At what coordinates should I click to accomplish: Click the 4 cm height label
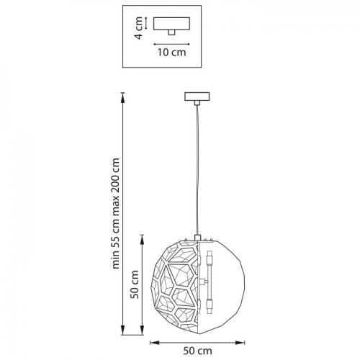[138, 28]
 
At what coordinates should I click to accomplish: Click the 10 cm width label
[171, 53]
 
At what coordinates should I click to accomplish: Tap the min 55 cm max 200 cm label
[116, 213]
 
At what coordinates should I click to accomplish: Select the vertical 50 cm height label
[135, 284]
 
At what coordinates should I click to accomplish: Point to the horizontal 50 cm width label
[197, 351]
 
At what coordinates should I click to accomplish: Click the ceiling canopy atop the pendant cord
[197, 96]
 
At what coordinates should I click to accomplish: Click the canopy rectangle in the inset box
[171, 24]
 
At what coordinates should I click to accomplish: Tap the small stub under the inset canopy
[171, 32]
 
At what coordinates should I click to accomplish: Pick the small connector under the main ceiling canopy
[197, 103]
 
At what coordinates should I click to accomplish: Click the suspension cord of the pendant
[197, 170]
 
